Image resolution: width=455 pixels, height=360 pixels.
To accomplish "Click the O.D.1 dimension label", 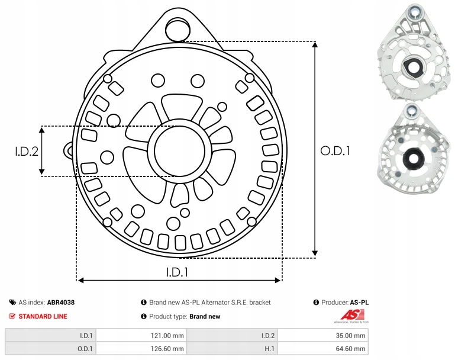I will [335, 151].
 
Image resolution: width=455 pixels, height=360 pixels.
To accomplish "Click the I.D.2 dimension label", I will [27, 151].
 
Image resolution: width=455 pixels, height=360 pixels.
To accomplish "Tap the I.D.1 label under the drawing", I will [177, 272].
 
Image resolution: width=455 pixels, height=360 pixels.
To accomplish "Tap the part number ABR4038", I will [61, 303].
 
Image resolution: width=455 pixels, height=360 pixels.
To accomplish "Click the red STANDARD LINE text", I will [43, 317].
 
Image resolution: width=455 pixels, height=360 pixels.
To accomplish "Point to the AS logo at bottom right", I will [351, 316].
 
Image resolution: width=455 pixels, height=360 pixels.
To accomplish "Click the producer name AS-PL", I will [360, 303].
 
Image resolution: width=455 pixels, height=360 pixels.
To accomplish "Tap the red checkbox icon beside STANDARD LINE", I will [12, 317].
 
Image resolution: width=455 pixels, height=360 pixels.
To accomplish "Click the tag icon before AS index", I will [12, 303].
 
